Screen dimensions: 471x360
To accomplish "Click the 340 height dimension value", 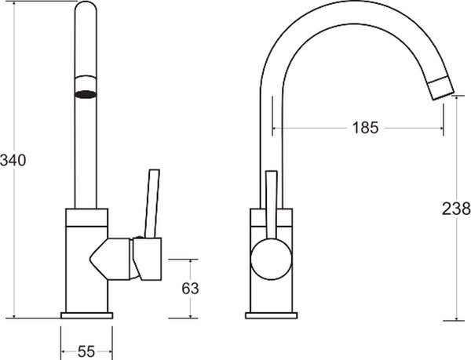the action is click(x=13, y=160).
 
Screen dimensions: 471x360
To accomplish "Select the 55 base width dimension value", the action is click(x=86, y=351).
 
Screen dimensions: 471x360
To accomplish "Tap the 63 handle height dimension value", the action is click(x=190, y=289).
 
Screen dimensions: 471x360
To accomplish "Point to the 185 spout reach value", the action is click(x=365, y=128).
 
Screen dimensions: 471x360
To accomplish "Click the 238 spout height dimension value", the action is click(x=456, y=209).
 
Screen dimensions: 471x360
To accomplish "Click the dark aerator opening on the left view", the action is click(x=86, y=94).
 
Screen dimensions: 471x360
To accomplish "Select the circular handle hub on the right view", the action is click(x=272, y=260).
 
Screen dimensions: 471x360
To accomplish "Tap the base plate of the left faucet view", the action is click(x=87, y=315).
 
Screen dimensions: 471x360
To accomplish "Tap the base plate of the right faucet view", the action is click(x=272, y=315).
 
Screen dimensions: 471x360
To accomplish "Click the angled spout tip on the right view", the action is click(x=440, y=88).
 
